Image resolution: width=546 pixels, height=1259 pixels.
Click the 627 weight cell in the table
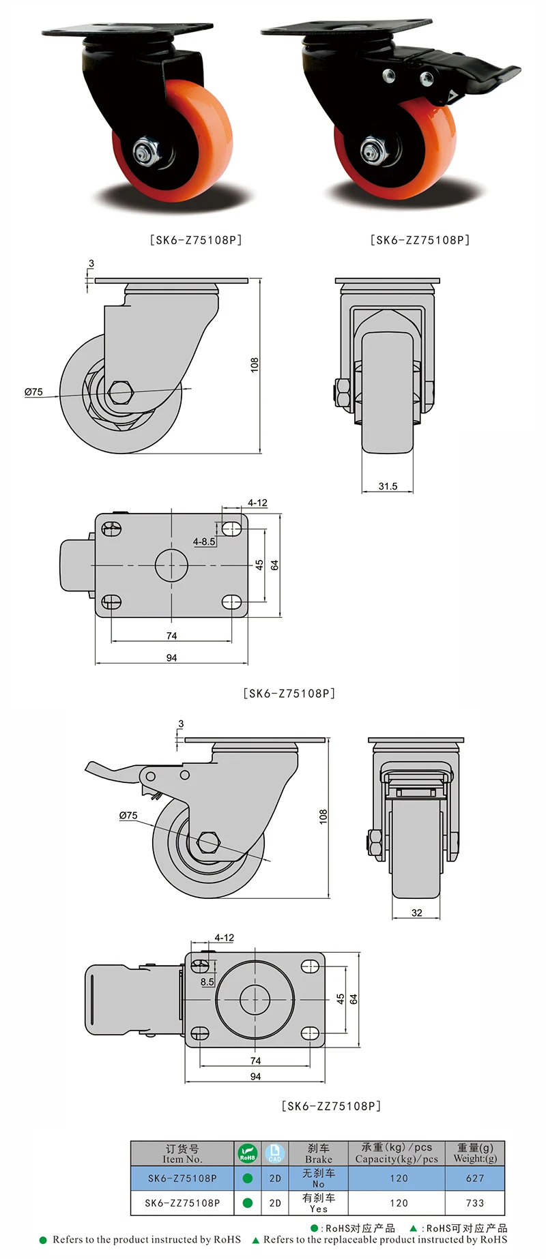[474, 1178]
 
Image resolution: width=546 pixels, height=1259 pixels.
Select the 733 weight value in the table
[474, 1203]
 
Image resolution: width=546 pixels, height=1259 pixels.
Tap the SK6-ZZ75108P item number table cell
[182, 1203]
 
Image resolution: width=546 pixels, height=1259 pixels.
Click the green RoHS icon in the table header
[247, 1153]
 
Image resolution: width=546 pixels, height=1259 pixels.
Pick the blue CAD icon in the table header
[274, 1153]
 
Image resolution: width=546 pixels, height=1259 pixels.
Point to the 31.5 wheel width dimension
[388, 486]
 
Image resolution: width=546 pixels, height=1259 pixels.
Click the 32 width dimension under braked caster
[416, 913]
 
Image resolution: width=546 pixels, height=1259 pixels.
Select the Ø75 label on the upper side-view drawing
[33, 391]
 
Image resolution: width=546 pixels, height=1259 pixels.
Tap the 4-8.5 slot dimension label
[203, 542]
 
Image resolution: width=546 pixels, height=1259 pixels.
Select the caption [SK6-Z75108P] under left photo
[195, 240]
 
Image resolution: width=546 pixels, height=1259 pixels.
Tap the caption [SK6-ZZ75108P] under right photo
[420, 240]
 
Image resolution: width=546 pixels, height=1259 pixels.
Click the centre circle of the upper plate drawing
[171, 565]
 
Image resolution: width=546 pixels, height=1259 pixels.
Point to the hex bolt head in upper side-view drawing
[121, 391]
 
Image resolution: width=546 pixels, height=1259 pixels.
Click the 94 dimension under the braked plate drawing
[255, 1076]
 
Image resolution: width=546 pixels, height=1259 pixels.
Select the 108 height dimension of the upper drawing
[255, 365]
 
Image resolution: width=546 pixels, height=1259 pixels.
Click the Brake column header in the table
[318, 1153]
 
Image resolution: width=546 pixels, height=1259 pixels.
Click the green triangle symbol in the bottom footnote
[256, 1240]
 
